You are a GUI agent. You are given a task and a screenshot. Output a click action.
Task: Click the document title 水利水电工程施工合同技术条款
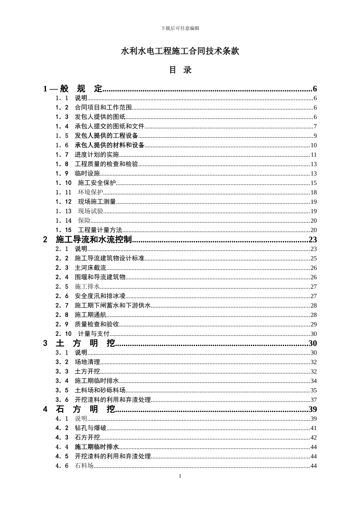click(180, 51)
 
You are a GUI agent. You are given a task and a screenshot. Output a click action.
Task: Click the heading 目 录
click(180, 70)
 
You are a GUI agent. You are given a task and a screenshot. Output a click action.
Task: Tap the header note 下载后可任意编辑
click(180, 28)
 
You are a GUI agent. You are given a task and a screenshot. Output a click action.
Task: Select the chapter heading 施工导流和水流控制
click(94, 239)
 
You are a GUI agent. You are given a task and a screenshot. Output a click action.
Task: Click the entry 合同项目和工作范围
click(103, 108)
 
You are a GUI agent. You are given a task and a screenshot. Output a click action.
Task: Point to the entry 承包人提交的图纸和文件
click(110, 126)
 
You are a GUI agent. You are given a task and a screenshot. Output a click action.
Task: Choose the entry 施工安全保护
click(97, 183)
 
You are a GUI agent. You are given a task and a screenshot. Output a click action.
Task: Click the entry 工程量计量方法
click(100, 230)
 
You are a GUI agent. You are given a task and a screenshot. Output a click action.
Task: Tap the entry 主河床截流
click(90, 268)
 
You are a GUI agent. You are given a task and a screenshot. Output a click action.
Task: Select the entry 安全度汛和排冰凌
click(100, 296)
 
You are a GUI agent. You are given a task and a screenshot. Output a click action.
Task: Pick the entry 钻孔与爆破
click(90, 428)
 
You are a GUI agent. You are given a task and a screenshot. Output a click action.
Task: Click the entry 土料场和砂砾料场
click(100, 390)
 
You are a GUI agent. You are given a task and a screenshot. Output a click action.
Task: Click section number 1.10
click(63, 183)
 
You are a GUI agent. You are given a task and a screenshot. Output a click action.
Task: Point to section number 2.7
click(62, 306)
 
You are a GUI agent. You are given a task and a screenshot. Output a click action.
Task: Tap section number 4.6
click(62, 466)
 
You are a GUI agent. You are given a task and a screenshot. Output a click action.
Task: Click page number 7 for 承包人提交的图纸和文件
click(315, 126)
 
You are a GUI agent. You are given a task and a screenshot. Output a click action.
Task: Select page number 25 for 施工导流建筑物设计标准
click(313, 258)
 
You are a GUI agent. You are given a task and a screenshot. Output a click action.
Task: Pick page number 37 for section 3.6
click(313, 400)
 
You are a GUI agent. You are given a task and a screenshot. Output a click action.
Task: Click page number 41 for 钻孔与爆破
click(313, 428)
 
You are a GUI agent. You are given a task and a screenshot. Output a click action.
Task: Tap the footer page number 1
click(180, 476)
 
